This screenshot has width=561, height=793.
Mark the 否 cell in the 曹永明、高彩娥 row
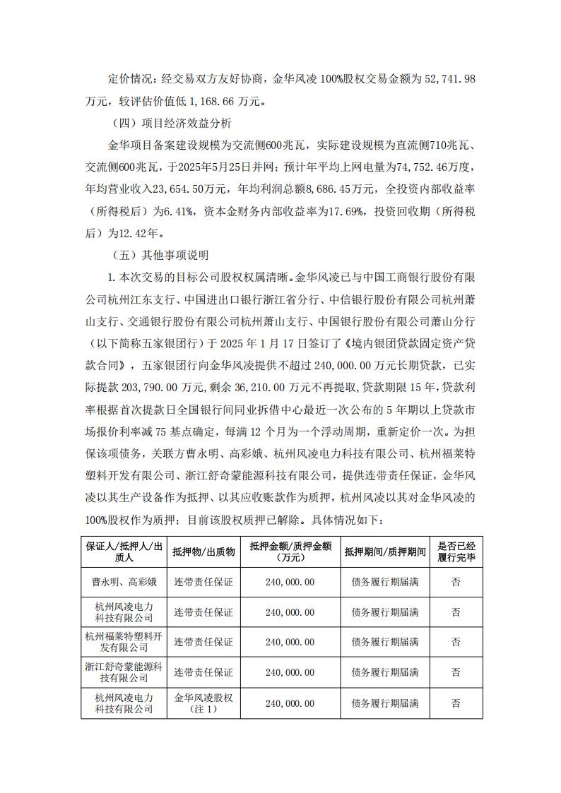coord(456,583)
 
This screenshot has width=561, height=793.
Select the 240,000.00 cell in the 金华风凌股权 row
coord(290,703)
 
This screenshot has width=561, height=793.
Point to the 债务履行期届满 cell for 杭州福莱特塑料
coord(384,642)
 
